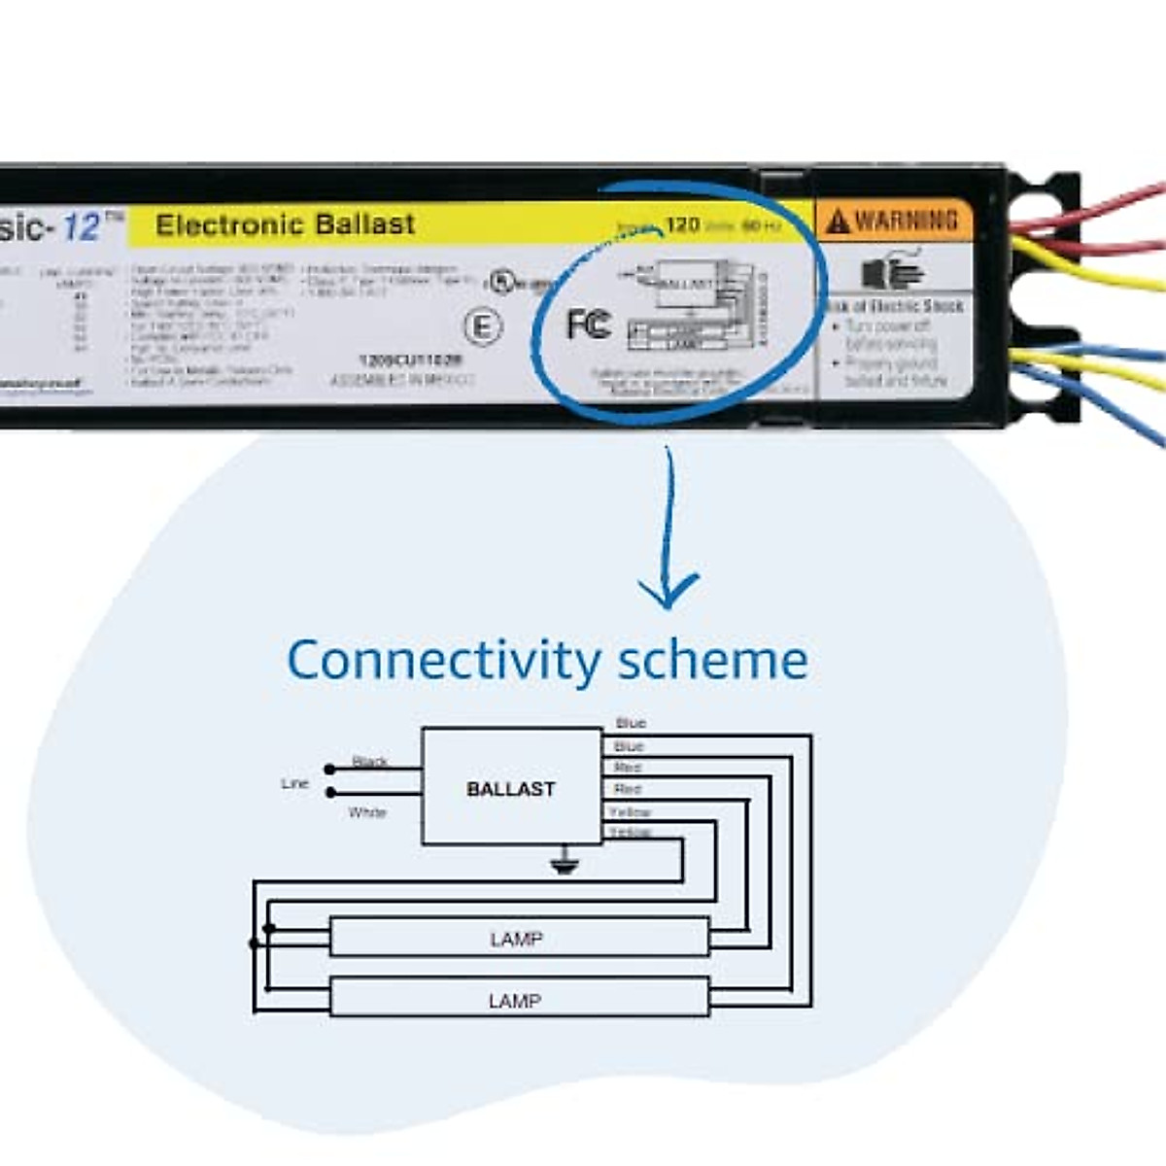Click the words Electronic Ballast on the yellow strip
[x=285, y=224]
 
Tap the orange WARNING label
[x=893, y=221]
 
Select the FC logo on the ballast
[x=589, y=324]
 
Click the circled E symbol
[x=482, y=326]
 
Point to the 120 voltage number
[x=682, y=224]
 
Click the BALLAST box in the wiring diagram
[x=511, y=787]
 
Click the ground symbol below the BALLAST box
[x=564, y=862]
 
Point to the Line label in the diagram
[x=294, y=783]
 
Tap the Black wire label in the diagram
[x=369, y=761]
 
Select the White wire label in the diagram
[x=367, y=812]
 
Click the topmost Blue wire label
[x=631, y=723]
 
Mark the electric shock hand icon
[x=892, y=269]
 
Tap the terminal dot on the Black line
[x=330, y=770]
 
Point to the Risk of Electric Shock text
[x=894, y=305]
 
